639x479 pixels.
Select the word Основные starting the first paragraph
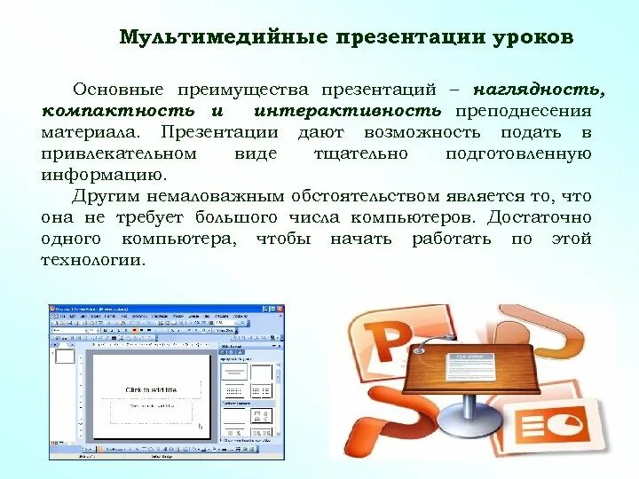click(x=118, y=90)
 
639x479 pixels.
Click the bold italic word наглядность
click(x=539, y=90)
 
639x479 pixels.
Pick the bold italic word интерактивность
click(x=347, y=111)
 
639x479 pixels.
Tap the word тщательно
click(x=360, y=153)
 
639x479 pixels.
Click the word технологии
click(x=91, y=260)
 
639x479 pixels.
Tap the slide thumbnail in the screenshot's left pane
click(x=65, y=357)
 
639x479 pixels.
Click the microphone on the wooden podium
click(x=429, y=336)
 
